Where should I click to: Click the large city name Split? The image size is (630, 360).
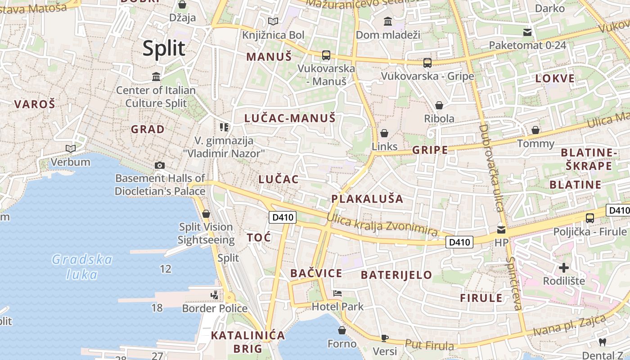[x=164, y=48]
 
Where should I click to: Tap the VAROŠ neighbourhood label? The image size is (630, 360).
[x=35, y=104]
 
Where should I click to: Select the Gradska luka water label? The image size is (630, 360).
[x=82, y=266]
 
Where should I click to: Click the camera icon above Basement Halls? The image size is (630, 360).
[x=159, y=165]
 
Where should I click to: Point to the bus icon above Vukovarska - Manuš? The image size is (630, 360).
[x=326, y=55]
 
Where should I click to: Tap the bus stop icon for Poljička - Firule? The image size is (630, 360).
[x=589, y=218]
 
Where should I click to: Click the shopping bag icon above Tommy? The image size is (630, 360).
[x=535, y=130]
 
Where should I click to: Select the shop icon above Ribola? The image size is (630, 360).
[x=439, y=105]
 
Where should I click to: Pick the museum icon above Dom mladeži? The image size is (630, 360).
[x=387, y=21]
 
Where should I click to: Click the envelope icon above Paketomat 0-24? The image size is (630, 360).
[x=527, y=32]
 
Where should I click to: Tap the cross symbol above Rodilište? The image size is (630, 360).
[x=563, y=268]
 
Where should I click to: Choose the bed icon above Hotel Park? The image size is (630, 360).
[x=337, y=293]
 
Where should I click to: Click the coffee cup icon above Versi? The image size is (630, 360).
[x=385, y=337]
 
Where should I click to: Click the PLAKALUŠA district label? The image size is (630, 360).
[x=367, y=199]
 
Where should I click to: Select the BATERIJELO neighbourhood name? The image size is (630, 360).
[x=396, y=274]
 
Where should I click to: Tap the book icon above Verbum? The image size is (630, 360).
[x=70, y=148]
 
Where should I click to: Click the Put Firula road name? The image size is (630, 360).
[x=429, y=345]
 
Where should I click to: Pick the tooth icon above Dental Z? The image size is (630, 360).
[x=603, y=342]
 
